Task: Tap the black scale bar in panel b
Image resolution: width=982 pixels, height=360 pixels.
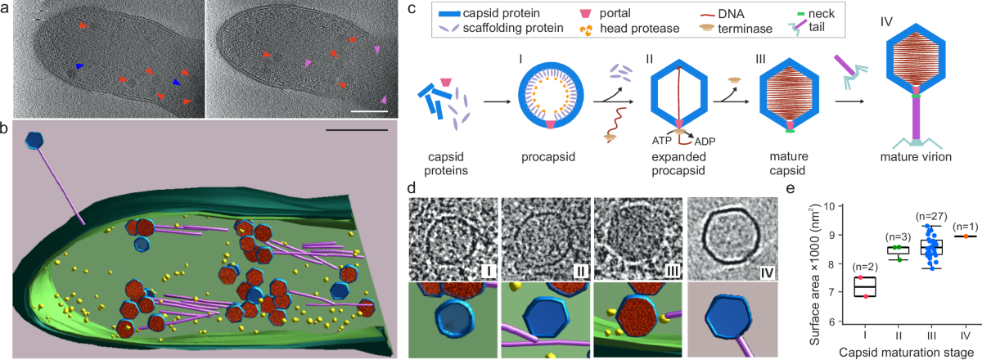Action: point(355,129)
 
